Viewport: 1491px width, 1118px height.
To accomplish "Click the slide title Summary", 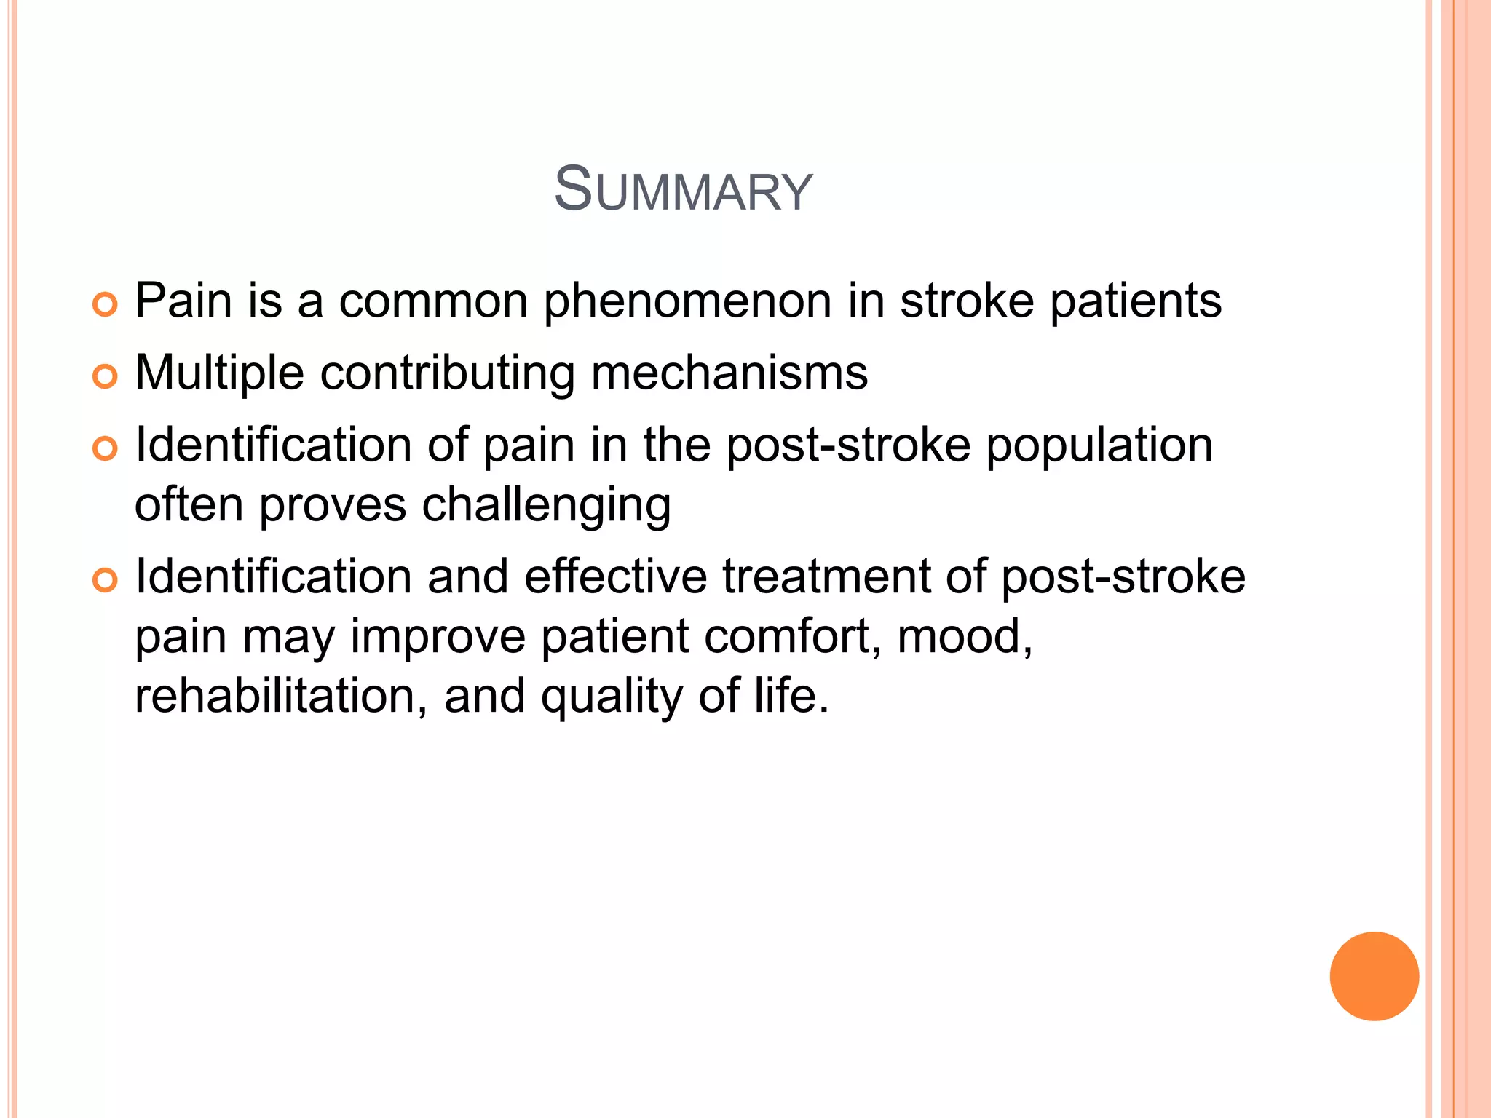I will [x=683, y=190].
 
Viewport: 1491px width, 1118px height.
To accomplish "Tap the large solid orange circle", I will [x=1374, y=976].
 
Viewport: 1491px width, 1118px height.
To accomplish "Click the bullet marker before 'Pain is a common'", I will [x=105, y=304].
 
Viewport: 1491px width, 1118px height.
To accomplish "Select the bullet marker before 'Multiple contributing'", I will [x=105, y=376].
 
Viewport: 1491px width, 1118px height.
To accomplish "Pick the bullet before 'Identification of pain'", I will [x=105, y=448].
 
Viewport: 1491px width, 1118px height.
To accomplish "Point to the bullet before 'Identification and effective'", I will [x=105, y=580].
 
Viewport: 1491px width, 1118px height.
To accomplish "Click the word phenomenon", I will [x=687, y=302].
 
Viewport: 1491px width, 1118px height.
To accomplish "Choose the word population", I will [x=1099, y=446].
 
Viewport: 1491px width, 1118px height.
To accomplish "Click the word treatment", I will [x=826, y=577].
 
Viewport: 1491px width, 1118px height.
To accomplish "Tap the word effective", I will [x=615, y=577].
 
